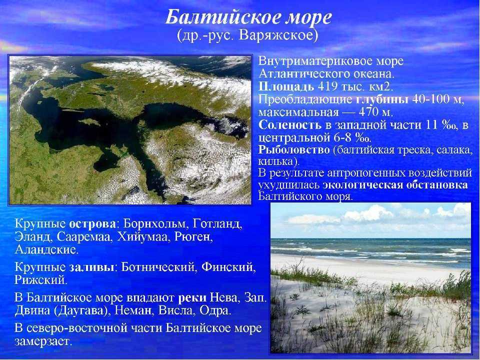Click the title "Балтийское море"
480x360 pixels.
coord(248,18)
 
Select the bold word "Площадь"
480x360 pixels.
coord(286,87)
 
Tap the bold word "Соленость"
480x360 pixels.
coord(290,125)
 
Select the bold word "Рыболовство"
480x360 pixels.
coord(294,150)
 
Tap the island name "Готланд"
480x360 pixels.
coord(217,224)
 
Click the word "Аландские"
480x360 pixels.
coord(46,250)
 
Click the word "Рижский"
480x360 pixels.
coord(40,280)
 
